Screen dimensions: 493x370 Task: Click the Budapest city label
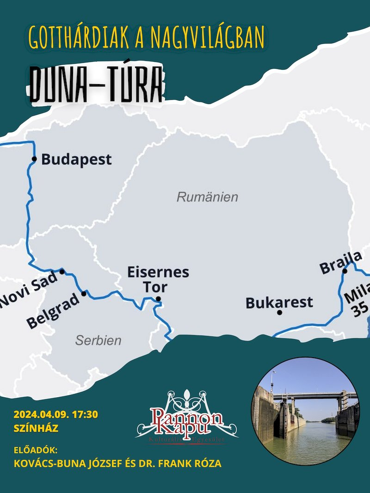pyautogui.click(x=76, y=160)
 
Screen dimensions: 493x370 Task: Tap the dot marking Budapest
pyautogui.click(x=34, y=159)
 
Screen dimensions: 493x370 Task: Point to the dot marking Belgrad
pyautogui.click(x=84, y=293)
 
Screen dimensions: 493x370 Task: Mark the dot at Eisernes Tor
pyautogui.click(x=158, y=299)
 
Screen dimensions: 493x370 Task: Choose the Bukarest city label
pyautogui.click(x=279, y=303)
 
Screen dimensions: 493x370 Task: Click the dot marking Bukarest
pyautogui.click(x=279, y=312)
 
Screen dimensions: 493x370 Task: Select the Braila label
pyautogui.click(x=340, y=262)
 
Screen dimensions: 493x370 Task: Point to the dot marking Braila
pyautogui.click(x=345, y=271)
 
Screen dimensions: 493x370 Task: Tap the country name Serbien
pyautogui.click(x=98, y=341)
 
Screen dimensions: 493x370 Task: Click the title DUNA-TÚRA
pyautogui.click(x=97, y=84)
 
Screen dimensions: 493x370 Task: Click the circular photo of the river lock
pyautogui.click(x=306, y=411)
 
